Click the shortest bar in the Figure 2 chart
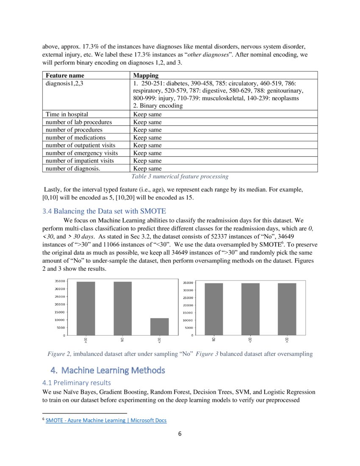pyautogui.click(x=159, y=327)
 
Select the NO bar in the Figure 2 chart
pyautogui.click(x=122, y=308)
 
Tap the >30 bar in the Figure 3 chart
pyautogui.click(x=287, y=309)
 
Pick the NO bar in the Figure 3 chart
pyautogui.click(x=214, y=309)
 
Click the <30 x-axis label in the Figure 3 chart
pyautogui.click(x=250, y=340)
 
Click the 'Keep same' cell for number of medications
pyautogui.click(x=147, y=138)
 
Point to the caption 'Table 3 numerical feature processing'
pyautogui.click(x=180, y=176)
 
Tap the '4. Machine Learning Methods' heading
pyautogui.click(x=108, y=370)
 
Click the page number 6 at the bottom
pyautogui.click(x=180, y=434)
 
